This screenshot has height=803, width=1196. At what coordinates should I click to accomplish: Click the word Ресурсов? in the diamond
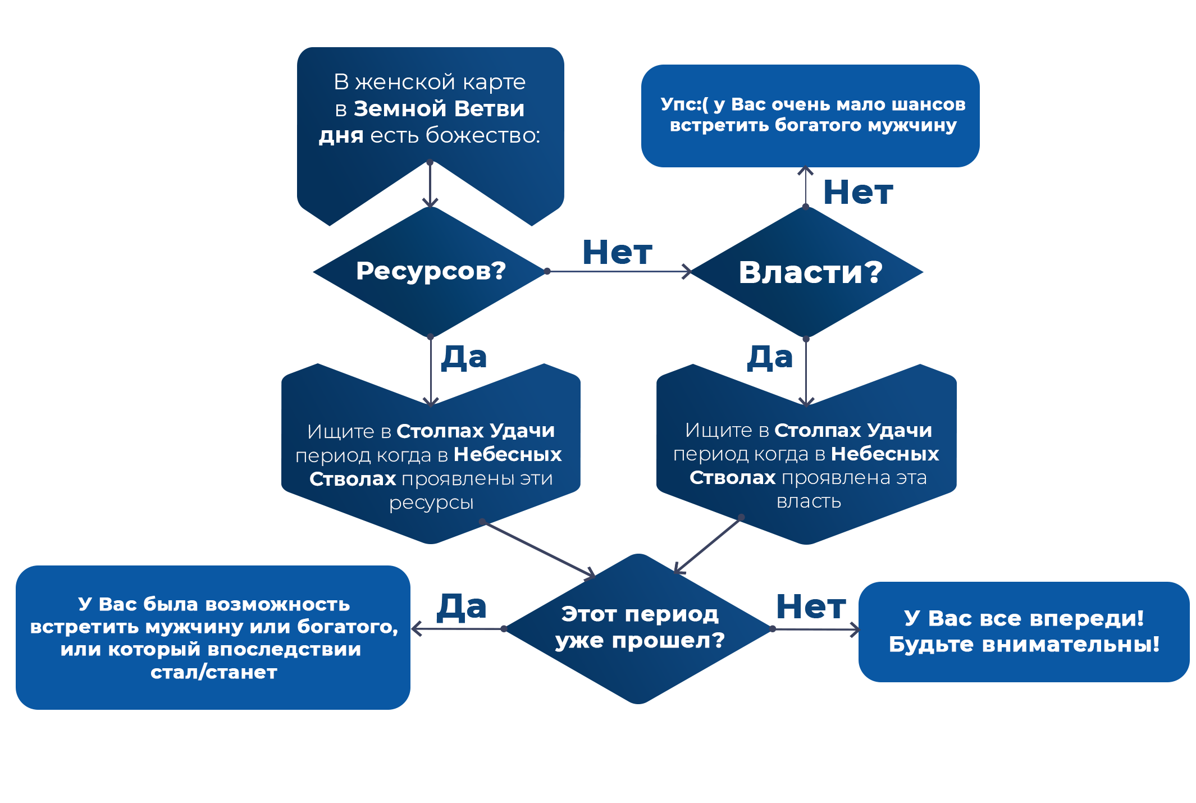click(x=431, y=271)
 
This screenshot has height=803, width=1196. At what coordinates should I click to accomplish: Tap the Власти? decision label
click(x=810, y=273)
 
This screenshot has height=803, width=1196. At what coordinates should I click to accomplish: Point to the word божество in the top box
click(x=482, y=135)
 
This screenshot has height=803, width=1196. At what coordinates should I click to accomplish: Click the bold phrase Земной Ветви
click(x=439, y=109)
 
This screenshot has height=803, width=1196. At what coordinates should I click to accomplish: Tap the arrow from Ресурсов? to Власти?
click(x=618, y=271)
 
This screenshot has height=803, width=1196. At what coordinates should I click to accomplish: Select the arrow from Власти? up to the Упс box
click(x=806, y=188)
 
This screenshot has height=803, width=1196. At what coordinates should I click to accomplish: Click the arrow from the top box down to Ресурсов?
click(x=430, y=184)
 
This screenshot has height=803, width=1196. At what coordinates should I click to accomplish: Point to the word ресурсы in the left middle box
click(x=431, y=503)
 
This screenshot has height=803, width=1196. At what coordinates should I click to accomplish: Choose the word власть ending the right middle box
click(x=809, y=501)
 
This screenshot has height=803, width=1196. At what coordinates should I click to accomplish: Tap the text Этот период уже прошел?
click(x=640, y=627)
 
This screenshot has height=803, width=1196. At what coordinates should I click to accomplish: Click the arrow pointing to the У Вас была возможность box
click(x=459, y=628)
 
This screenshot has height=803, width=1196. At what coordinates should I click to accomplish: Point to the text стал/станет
click(x=214, y=672)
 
